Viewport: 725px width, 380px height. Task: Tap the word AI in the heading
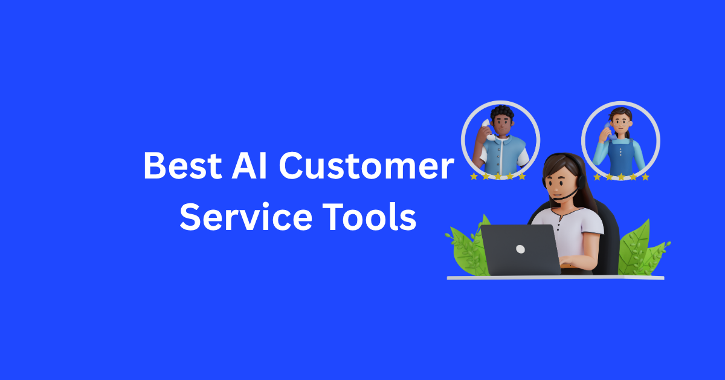coord(253,166)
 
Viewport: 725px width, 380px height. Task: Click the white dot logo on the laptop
coord(520,249)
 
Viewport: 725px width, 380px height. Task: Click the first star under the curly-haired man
coord(474,176)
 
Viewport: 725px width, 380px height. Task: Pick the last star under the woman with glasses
coord(645,177)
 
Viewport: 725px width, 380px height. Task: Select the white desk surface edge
coord(556,278)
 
